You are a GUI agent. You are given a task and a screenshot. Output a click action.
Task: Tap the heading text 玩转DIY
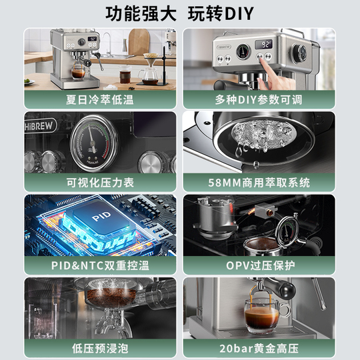[x=225, y=13]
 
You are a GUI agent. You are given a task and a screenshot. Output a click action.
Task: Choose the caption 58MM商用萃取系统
[x=268, y=182]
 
